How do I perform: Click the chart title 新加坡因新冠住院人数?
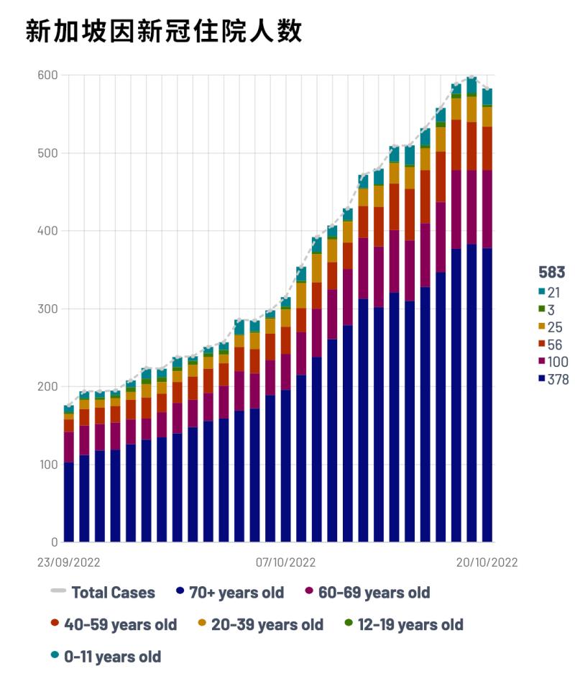point(163,32)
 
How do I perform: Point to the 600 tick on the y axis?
point(47,76)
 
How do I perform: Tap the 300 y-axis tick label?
point(47,309)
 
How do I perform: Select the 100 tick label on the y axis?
point(47,465)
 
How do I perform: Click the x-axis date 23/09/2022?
point(68,562)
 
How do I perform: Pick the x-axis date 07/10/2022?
point(285,562)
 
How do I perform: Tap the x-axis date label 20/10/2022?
point(487,562)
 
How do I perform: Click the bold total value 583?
point(551,273)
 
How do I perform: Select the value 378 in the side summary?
point(558,379)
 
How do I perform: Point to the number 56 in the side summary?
point(555,345)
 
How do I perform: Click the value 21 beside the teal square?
point(554,292)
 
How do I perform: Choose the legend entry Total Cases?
point(113,593)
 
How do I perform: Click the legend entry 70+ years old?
point(236,593)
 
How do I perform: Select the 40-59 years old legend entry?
point(120,624)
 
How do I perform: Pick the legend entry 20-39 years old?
point(267,624)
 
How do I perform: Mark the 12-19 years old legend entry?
point(410,624)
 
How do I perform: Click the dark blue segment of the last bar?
point(487,396)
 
